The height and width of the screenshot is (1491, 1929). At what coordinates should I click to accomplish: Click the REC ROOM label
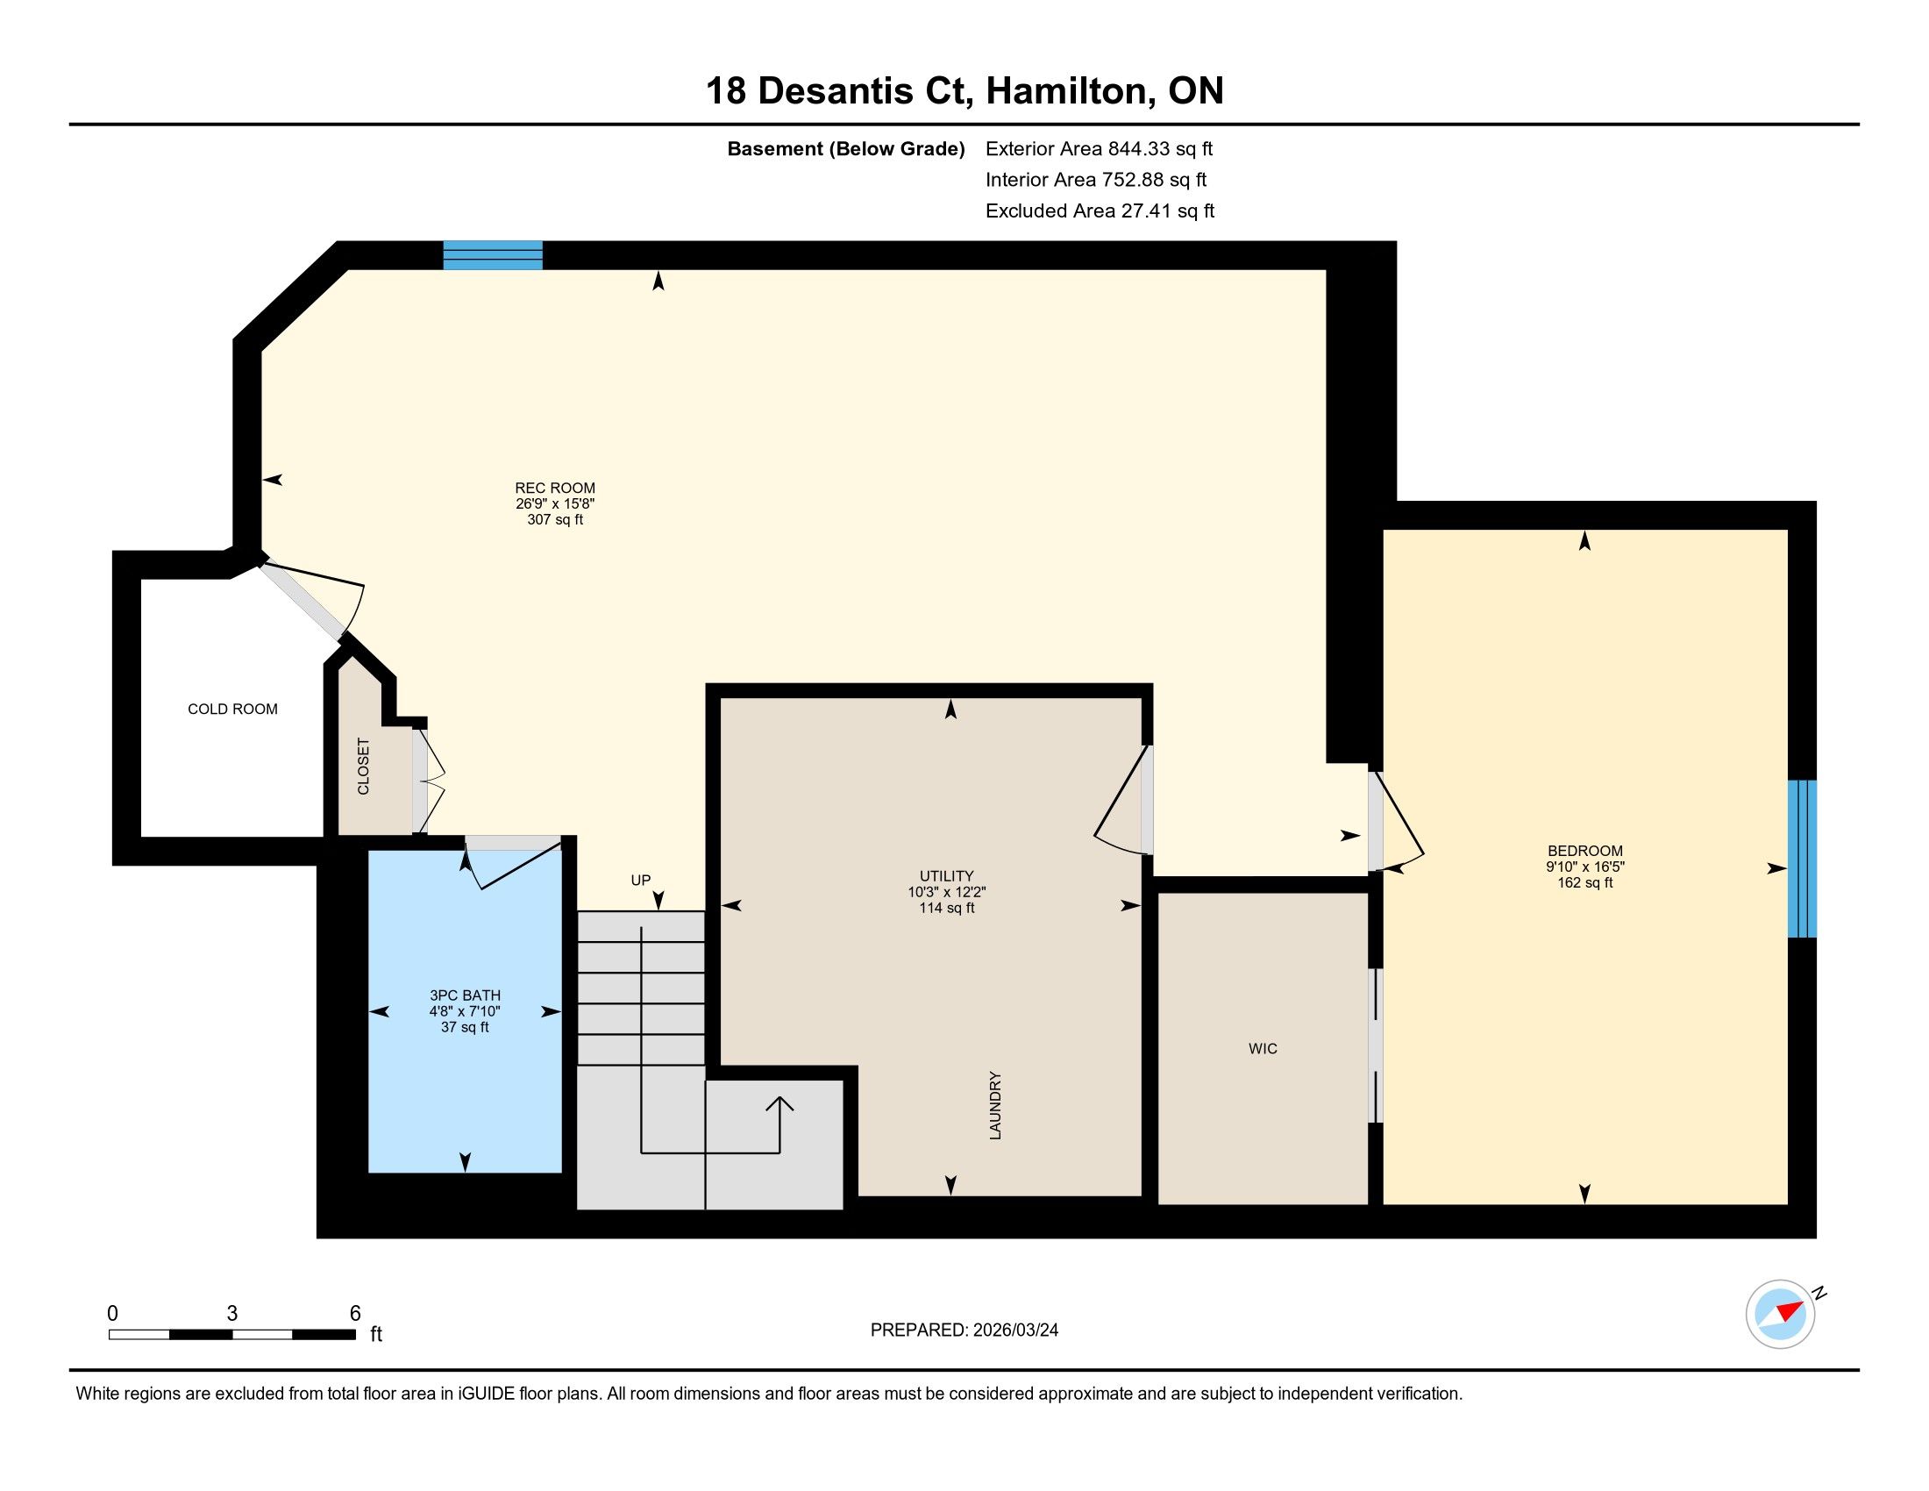pos(555,488)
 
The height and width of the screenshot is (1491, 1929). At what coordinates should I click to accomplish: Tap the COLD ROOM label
pos(232,709)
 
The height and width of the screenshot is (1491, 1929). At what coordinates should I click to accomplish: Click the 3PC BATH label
pos(465,995)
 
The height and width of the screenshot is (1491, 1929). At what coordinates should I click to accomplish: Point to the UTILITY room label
pos(946,876)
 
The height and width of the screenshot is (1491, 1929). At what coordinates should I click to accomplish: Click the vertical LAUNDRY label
pos(995,1105)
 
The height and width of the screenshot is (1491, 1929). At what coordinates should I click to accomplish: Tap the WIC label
pos(1262,1048)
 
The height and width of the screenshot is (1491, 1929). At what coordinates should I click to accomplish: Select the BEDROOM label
pos(1584,852)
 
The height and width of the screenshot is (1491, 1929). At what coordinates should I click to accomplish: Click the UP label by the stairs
pos(640,880)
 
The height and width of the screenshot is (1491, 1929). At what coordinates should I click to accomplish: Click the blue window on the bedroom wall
pos(1802,858)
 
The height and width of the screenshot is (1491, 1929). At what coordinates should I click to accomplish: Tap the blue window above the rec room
pos(493,254)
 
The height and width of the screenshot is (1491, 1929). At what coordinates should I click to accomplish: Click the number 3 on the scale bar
pos(232,1314)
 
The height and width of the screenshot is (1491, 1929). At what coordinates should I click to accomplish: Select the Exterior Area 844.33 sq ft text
pos(1099,148)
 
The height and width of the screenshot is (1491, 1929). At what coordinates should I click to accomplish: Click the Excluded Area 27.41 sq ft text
pos(1100,210)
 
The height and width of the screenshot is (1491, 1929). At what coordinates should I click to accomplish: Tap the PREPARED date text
pos(964,1330)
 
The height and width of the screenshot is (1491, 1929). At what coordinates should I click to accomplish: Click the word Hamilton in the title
pos(1070,91)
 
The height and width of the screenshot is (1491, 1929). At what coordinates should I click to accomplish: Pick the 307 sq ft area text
pos(555,519)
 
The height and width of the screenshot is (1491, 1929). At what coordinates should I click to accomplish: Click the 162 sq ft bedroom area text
pos(1584,882)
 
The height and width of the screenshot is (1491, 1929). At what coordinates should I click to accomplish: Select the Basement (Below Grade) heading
pos(845,148)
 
